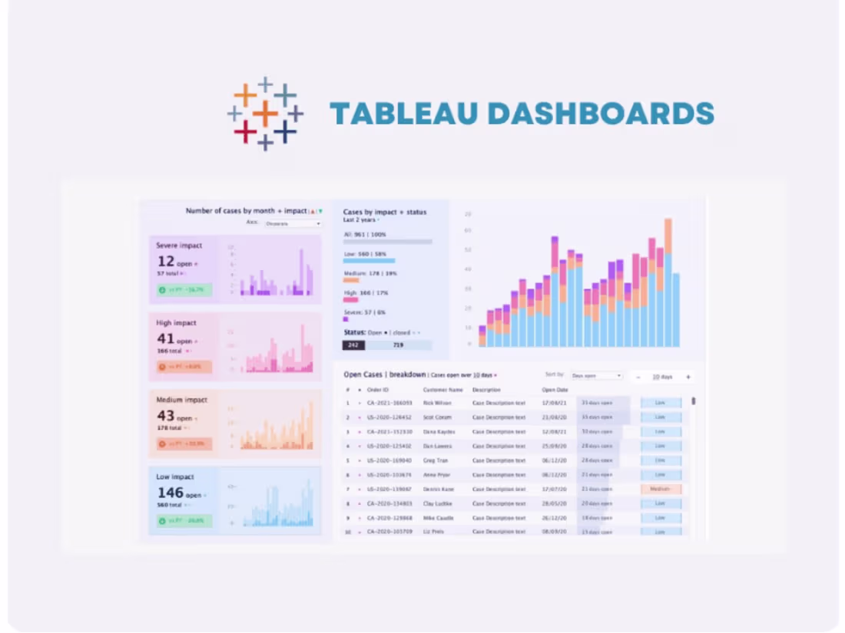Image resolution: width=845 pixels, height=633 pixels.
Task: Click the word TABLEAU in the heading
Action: (x=404, y=114)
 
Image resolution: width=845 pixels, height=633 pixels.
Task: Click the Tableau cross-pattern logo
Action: (x=265, y=114)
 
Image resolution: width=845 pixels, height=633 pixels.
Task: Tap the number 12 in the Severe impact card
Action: (x=166, y=262)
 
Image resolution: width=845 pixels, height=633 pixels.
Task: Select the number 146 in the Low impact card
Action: (x=170, y=493)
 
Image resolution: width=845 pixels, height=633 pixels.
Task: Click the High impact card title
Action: (x=176, y=323)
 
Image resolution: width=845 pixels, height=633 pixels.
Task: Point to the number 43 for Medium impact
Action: (x=165, y=416)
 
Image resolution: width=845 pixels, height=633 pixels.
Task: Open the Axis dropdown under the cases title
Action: (x=293, y=223)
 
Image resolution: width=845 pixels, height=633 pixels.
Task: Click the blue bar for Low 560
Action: (x=369, y=261)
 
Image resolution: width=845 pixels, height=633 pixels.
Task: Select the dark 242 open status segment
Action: (x=353, y=345)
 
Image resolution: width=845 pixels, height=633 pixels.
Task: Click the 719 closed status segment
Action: (x=398, y=345)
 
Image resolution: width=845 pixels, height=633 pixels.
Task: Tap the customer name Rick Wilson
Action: (x=436, y=403)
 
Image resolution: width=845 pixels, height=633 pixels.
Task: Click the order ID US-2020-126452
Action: (x=389, y=417)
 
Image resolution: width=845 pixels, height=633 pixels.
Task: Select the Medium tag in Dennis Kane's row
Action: (x=661, y=489)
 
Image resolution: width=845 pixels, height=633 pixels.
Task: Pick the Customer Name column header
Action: (x=442, y=390)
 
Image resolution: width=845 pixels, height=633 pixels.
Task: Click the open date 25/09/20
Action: (x=554, y=446)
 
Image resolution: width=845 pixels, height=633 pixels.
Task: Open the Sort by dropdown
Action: (x=596, y=376)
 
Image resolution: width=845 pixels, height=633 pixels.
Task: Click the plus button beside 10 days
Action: (x=688, y=377)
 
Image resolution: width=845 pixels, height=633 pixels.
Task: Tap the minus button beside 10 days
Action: (x=638, y=377)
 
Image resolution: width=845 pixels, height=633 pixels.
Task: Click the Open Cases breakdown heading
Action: (x=384, y=374)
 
